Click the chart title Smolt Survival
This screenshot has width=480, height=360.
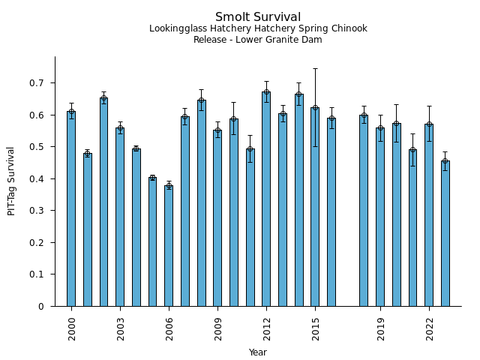tap(258, 17)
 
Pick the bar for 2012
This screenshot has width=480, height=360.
tap(266, 199)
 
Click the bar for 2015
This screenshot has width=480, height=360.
tap(315, 206)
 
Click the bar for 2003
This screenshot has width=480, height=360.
tap(120, 217)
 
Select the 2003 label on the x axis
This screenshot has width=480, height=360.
tap(121, 328)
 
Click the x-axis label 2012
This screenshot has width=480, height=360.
tap(267, 328)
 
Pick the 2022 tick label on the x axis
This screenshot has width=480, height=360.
tap(430, 328)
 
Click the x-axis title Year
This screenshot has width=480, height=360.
tap(258, 352)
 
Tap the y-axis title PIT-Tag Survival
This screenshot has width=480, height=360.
tap(12, 181)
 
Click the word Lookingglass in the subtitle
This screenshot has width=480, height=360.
tap(175, 29)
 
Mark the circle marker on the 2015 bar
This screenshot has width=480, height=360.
tap(315, 108)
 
